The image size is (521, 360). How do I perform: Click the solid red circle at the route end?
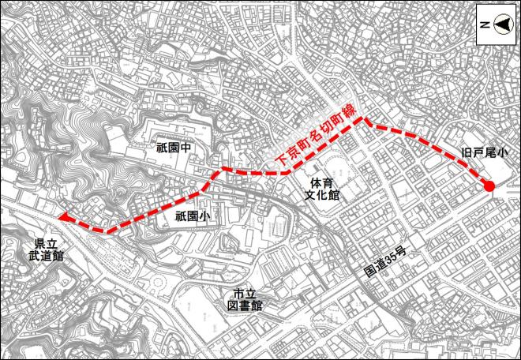coord(489,187)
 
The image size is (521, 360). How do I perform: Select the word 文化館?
coord(324,195)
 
